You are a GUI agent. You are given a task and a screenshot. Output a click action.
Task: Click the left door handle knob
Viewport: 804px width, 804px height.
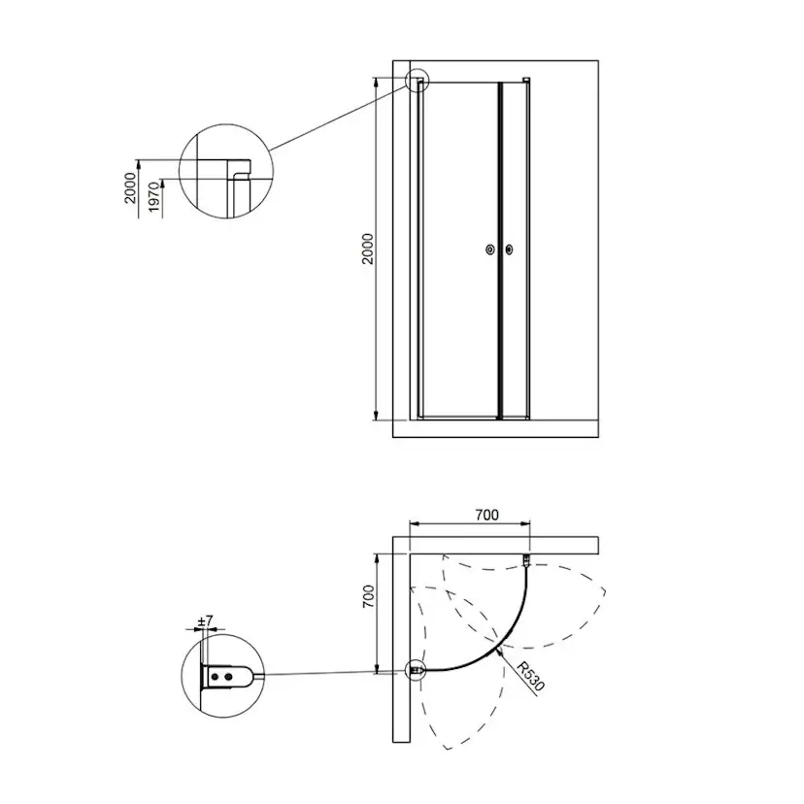pyautogui.click(x=490, y=250)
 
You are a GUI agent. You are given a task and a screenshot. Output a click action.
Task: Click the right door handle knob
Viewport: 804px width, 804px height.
pyautogui.click(x=509, y=250)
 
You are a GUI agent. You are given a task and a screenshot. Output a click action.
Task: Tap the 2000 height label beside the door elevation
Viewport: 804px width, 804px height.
pyautogui.click(x=368, y=249)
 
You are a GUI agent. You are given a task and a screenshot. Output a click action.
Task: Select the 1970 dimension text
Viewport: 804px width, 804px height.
pyautogui.click(x=154, y=197)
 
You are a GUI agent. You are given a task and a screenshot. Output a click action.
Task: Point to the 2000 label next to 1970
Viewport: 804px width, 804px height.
pyautogui.click(x=131, y=187)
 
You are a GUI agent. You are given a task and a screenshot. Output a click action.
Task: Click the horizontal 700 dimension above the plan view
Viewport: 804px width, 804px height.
pyautogui.click(x=486, y=515)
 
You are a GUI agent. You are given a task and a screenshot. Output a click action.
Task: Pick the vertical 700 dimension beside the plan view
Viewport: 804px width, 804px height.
pyautogui.click(x=368, y=596)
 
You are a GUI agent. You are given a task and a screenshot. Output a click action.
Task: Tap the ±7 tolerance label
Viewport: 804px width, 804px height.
pyautogui.click(x=205, y=620)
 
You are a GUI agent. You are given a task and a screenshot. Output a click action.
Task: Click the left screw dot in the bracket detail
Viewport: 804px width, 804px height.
pyautogui.click(x=215, y=677)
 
